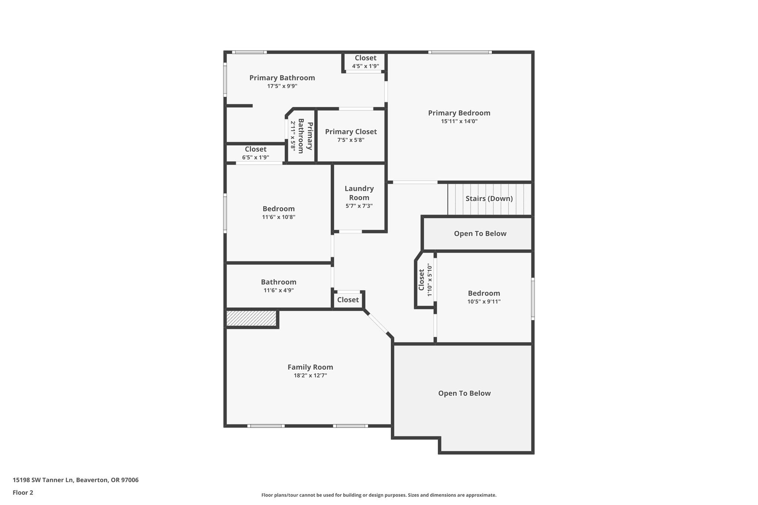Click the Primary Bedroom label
pyautogui.click(x=459, y=113)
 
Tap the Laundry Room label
pyautogui.click(x=359, y=193)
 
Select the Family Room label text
pyautogui.click(x=310, y=367)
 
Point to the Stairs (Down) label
pyautogui.click(x=489, y=199)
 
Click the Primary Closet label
pyautogui.click(x=351, y=132)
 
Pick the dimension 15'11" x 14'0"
pyautogui.click(x=459, y=121)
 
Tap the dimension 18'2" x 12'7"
pyautogui.click(x=310, y=376)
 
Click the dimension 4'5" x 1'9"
pyautogui.click(x=365, y=66)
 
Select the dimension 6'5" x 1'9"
pyautogui.click(x=255, y=158)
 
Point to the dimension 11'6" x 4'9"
pyautogui.click(x=279, y=290)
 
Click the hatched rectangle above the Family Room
pyautogui.click(x=251, y=318)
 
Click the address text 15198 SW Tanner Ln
pyautogui.click(x=44, y=480)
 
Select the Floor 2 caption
pyautogui.click(x=23, y=492)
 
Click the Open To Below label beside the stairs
pyautogui.click(x=480, y=233)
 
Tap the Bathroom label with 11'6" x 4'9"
pyautogui.click(x=279, y=282)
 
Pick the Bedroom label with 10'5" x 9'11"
pyautogui.click(x=484, y=293)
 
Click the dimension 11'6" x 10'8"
pyautogui.click(x=279, y=217)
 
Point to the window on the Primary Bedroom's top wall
pyautogui.click(x=460, y=52)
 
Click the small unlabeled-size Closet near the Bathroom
pyautogui.click(x=348, y=300)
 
